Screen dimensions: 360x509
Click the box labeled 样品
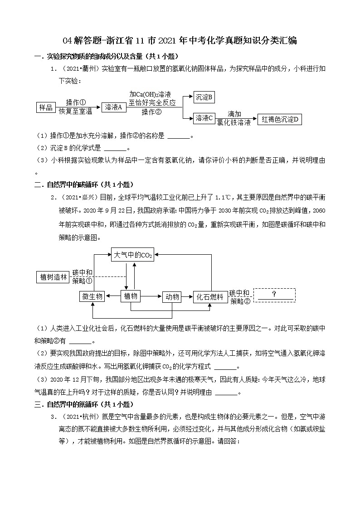coord(46,107)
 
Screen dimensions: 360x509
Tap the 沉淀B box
coord(204,97)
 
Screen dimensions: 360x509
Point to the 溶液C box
coord(204,118)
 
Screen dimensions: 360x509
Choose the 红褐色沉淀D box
coord(280,120)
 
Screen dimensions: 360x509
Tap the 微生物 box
coord(92,296)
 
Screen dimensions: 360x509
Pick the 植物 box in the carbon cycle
coord(131,296)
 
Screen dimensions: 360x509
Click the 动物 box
coord(172,297)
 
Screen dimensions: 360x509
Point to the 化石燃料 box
coord(210,297)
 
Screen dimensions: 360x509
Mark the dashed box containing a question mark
coord(274,295)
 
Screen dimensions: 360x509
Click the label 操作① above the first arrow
coord(76,102)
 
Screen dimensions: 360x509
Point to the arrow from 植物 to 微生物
coord(112,296)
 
